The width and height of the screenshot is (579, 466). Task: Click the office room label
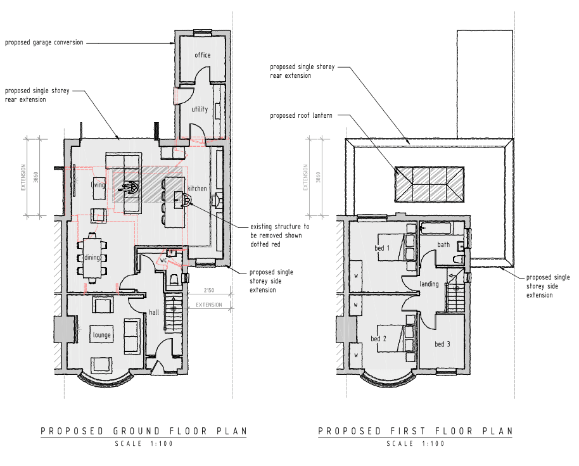(202, 55)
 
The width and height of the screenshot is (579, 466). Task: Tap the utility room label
(200, 109)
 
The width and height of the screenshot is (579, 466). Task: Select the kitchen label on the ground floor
(197, 189)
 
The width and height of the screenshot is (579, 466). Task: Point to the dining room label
(92, 258)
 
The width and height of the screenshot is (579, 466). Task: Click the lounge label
(101, 335)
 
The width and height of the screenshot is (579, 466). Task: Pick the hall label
(154, 312)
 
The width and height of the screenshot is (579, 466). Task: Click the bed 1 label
(382, 248)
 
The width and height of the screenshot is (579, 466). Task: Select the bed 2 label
(378, 339)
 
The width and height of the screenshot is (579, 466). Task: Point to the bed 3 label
(442, 344)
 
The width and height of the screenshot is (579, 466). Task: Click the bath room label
(443, 244)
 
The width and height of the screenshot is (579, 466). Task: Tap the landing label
(429, 284)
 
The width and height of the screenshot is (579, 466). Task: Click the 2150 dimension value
(209, 291)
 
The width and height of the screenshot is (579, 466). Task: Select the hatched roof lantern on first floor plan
(429, 184)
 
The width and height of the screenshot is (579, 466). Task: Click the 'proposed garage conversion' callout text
(44, 42)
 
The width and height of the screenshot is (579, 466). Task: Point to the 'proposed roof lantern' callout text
(301, 115)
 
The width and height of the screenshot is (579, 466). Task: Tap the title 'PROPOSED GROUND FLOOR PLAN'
(144, 431)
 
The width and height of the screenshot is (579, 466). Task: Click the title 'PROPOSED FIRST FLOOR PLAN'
(416, 431)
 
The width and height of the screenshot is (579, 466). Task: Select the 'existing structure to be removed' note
(280, 236)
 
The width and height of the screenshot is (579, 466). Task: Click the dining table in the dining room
(92, 258)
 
